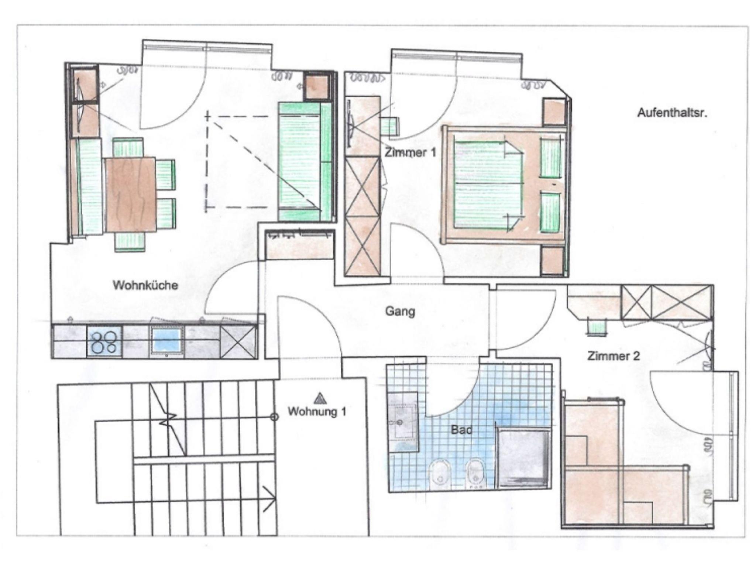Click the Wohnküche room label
coord(145,285)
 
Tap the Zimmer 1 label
coord(410,152)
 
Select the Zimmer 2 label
coord(614,356)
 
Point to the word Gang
coord(400,311)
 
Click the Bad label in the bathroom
coord(461,430)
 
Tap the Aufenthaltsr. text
coord(672,113)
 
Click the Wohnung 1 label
coord(317,411)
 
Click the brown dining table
coord(131,194)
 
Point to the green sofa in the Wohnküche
coord(306,161)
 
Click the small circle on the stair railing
coord(274,417)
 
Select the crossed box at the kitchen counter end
coord(238,341)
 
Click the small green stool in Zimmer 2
coord(597,328)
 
